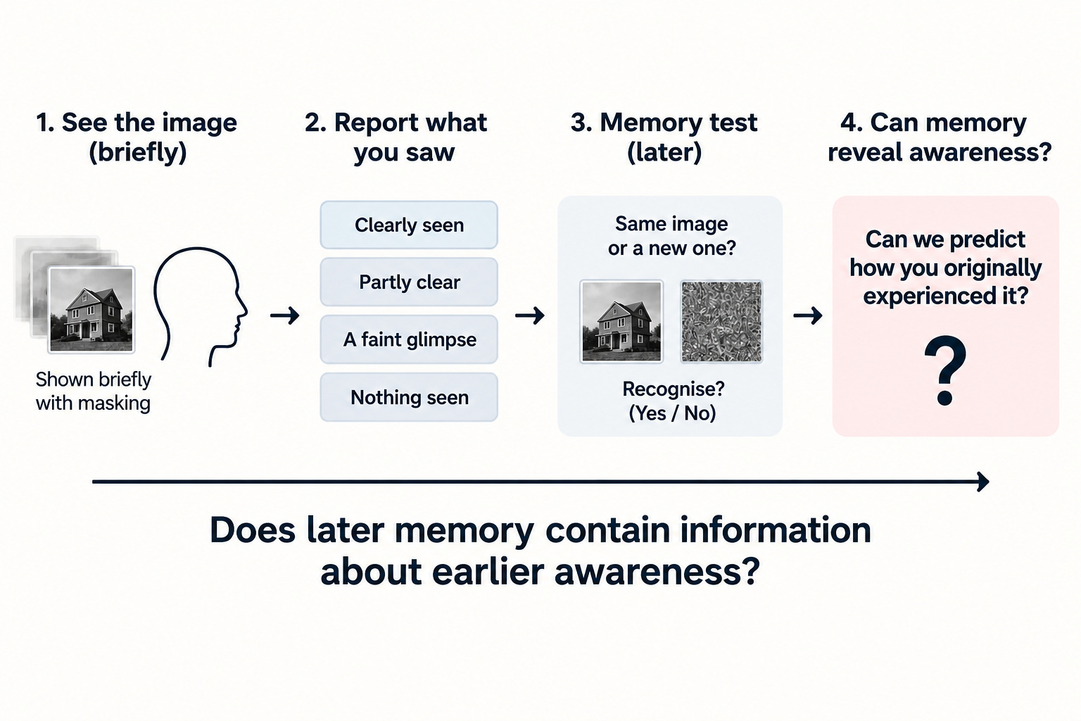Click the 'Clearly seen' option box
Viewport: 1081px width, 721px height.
pos(409,225)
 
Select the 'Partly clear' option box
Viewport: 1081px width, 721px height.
pos(409,282)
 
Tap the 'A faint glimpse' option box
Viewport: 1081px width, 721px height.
pos(409,339)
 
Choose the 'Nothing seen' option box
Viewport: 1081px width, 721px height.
pos(409,397)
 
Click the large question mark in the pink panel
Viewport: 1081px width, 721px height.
pos(945,370)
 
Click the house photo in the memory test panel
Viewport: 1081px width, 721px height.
pos(621,322)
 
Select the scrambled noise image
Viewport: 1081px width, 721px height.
pos(721,322)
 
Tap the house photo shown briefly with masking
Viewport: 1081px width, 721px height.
pos(91,310)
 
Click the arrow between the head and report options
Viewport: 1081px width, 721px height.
pos(285,316)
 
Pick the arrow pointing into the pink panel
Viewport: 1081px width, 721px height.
pos(808,316)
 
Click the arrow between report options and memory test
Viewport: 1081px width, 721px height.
pos(530,316)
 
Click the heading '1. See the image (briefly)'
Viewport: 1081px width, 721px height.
pos(137,137)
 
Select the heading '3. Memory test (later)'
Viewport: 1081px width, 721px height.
pos(664,137)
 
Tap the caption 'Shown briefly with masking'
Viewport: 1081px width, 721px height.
pos(93,391)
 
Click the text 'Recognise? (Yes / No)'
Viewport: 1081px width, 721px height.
pos(673,401)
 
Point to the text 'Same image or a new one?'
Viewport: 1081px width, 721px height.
pos(672,236)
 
